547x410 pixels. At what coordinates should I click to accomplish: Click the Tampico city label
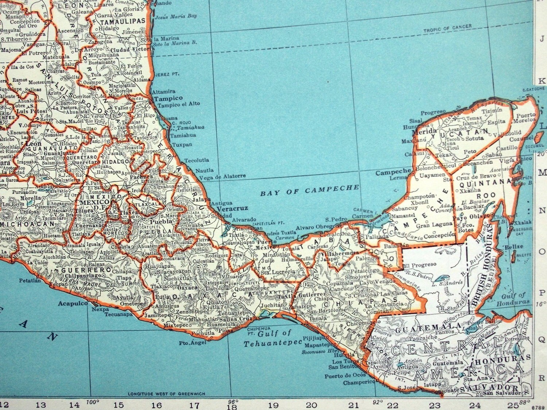tap(168, 98)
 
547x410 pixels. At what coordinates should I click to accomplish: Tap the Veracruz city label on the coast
tap(232, 208)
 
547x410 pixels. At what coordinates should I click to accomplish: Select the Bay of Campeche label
tap(310, 190)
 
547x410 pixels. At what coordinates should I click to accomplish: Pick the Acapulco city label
tap(73, 303)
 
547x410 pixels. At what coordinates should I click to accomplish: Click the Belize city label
tap(515, 247)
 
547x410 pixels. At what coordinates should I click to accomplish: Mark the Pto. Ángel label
tap(190, 342)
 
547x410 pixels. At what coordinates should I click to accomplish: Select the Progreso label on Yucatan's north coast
tap(433, 112)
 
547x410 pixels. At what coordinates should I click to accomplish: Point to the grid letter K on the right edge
tap(542, 81)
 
